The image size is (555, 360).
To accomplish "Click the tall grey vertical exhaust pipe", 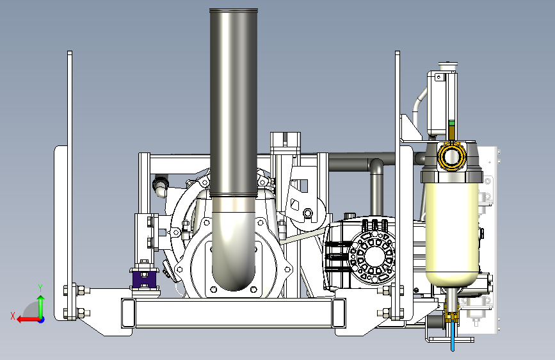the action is (x=233, y=102).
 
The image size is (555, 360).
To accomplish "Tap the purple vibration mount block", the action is (x=145, y=279).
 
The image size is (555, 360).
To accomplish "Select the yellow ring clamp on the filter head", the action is (x=452, y=156).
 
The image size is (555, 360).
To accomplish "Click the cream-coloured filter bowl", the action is (x=452, y=231).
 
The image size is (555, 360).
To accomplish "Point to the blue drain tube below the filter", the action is (x=453, y=336).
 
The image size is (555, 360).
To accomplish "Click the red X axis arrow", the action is (x=28, y=320).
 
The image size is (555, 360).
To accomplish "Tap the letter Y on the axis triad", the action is (x=40, y=288).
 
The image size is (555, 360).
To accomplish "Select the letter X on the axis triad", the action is (x=13, y=316).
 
